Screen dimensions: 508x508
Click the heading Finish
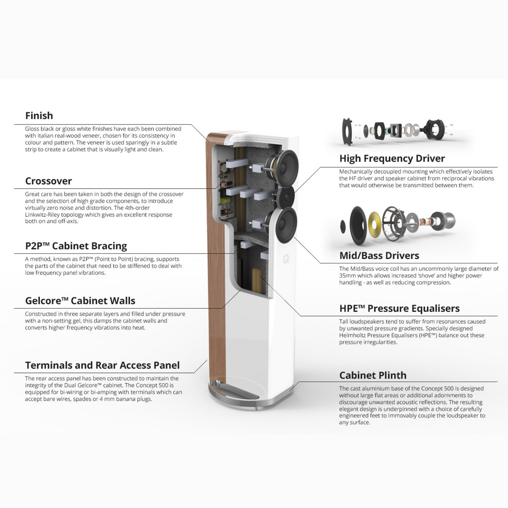pos(39,116)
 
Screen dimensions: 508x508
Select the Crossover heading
pos(48,181)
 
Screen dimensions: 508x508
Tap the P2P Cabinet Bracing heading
pos(76,246)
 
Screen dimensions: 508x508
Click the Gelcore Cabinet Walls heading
pos(80,301)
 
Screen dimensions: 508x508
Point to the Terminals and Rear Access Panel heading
pos(102,365)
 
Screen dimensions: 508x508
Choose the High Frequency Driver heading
pos(392,158)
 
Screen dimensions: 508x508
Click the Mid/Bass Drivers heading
pos(379,256)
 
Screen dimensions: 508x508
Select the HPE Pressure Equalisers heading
pos(400,309)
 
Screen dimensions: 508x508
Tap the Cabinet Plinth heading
pos(373,375)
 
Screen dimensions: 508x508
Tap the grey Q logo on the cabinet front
pos(286,259)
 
